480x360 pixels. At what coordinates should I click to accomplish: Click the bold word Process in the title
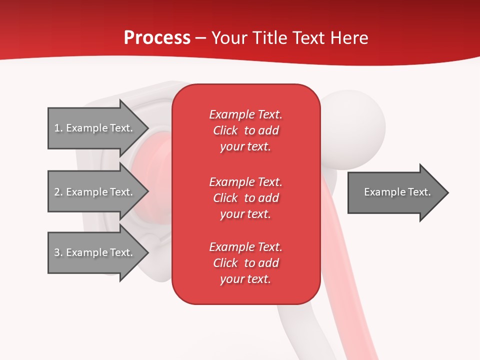click(x=157, y=38)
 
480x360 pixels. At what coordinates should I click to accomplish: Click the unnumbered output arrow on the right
click(x=395, y=192)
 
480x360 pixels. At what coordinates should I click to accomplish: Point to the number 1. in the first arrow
click(x=58, y=128)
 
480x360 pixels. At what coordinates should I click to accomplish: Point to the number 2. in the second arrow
click(x=58, y=192)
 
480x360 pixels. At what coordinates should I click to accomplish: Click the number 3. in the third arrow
click(x=58, y=252)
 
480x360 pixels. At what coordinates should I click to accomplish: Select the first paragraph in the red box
click(x=245, y=130)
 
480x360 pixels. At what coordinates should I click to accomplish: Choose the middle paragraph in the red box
click(x=245, y=197)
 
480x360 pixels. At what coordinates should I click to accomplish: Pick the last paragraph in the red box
click(x=245, y=263)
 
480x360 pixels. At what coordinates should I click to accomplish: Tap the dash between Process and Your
click(x=200, y=38)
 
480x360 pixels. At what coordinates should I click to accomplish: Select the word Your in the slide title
click(x=229, y=38)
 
